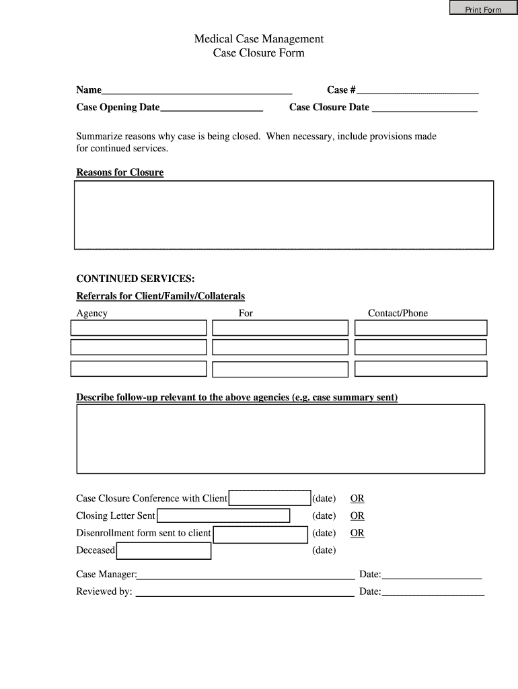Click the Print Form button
[484, 9]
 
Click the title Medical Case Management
[259, 39]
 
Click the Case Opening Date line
[211, 108]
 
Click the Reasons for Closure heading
[120, 172]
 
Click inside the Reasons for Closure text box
[283, 215]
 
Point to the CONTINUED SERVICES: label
[135, 279]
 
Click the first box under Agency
[139, 328]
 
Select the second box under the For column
[280, 347]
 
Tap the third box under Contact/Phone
[420, 369]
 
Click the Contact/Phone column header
[398, 313]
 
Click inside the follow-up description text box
[281, 439]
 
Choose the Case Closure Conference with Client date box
[270, 498]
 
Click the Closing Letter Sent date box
[223, 515]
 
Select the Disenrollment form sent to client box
[260, 534]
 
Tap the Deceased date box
[163, 551]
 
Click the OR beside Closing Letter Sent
[357, 516]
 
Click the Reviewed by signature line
[244, 592]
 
